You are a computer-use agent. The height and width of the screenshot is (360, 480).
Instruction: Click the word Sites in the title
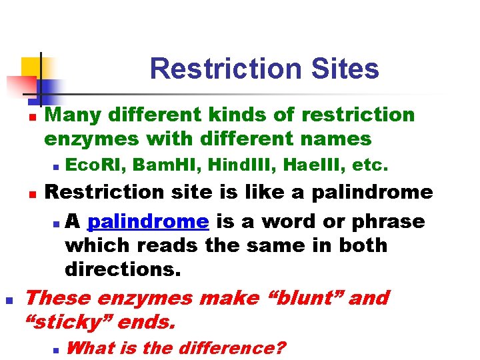click(346, 69)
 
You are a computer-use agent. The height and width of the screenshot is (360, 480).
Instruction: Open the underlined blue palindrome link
click(148, 221)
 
